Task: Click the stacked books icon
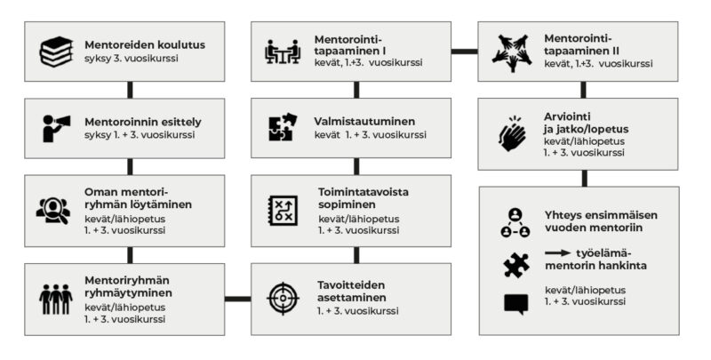click(x=56, y=52)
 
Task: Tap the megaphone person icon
click(x=56, y=127)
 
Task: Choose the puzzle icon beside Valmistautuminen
click(x=283, y=128)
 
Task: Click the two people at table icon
click(x=284, y=52)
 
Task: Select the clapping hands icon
click(x=513, y=134)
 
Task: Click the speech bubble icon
click(x=515, y=303)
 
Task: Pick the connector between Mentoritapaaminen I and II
click(x=463, y=52)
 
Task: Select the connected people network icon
click(x=515, y=225)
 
